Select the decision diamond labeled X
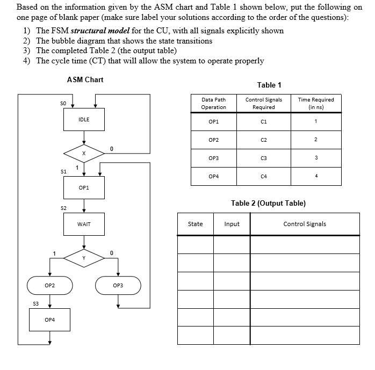pyautogui.click(x=83, y=153)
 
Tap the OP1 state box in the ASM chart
pyautogui.click(x=83, y=188)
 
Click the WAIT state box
pyautogui.click(x=83, y=224)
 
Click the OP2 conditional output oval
pyautogui.click(x=49, y=285)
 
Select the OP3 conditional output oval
pyautogui.click(x=118, y=285)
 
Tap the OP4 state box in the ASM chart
pyautogui.click(x=49, y=320)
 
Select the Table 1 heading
pyautogui.click(x=269, y=85)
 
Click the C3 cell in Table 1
pyautogui.click(x=263, y=158)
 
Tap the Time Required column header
pyautogui.click(x=315, y=103)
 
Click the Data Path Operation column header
pyautogui.click(x=213, y=103)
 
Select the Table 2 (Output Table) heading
pyautogui.click(x=268, y=203)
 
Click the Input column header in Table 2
pyautogui.click(x=232, y=224)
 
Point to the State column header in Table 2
pyautogui.click(x=196, y=224)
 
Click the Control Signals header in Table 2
pyautogui.click(x=305, y=224)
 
